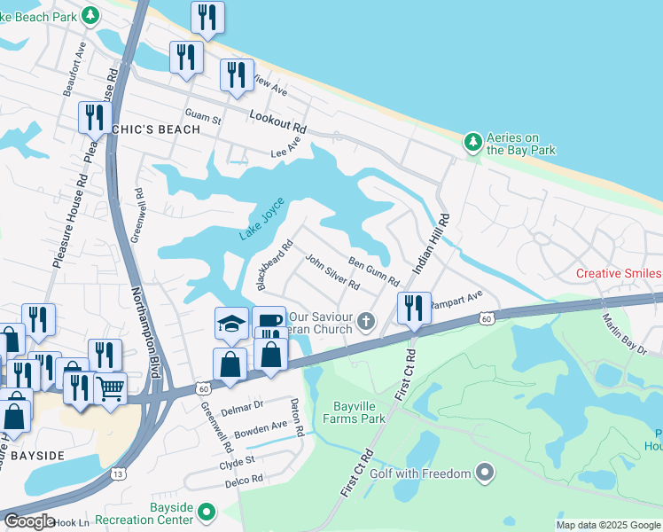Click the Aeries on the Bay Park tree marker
473,141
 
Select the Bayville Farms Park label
357,412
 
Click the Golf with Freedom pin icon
484,474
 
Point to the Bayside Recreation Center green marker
207,511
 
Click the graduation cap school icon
231,323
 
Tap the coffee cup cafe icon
269,321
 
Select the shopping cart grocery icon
110,387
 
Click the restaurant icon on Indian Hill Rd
414,308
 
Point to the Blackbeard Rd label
274,266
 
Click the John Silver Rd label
331,273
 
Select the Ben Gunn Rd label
373,272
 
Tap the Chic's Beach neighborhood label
154,129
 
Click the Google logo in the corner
28,521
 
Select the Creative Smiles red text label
619,273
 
